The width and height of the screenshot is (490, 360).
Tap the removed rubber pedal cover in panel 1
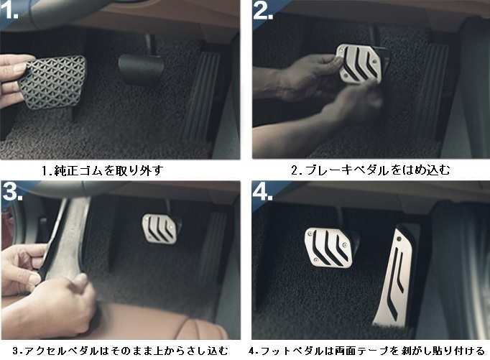(52, 82)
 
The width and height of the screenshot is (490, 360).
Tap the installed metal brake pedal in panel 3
(160, 229)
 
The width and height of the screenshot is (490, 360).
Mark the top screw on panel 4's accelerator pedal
(399, 239)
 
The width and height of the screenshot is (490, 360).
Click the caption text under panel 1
(102, 170)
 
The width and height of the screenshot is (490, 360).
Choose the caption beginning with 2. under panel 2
(371, 170)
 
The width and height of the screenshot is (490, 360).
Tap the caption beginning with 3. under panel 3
(121, 351)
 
